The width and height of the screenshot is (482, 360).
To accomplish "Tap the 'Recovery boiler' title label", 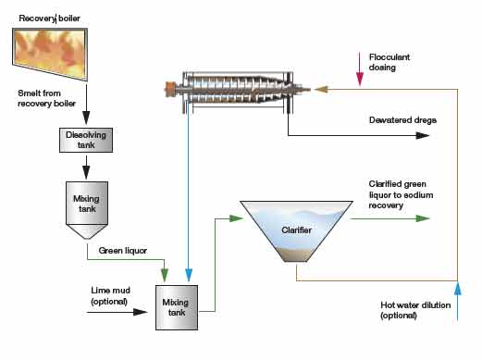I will [x=45, y=18].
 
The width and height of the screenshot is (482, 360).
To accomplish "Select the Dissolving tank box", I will [x=86, y=141].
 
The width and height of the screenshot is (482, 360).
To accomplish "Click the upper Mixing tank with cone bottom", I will [x=86, y=206].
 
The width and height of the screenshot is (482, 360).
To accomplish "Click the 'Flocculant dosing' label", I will [x=394, y=62].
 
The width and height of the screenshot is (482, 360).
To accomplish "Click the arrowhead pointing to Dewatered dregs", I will [x=424, y=135].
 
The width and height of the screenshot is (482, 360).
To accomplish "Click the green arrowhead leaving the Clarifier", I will [x=424, y=219].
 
